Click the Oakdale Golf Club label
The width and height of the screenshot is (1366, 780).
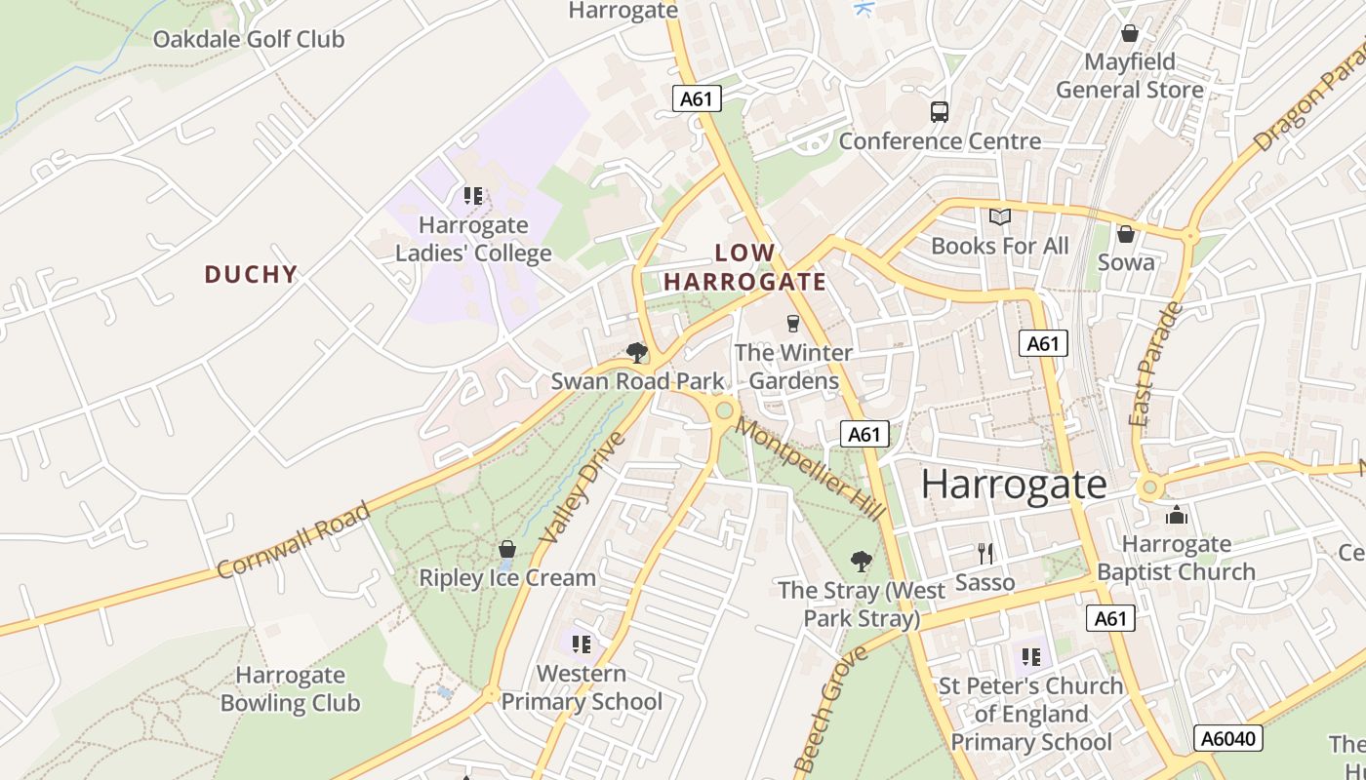[249, 40]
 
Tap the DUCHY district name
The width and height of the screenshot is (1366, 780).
[251, 274]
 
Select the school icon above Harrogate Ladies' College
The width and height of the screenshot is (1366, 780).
[473, 196]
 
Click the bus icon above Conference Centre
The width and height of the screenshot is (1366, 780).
[940, 112]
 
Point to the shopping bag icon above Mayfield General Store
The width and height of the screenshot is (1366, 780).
[1130, 34]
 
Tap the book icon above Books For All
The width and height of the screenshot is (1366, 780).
[1000, 216]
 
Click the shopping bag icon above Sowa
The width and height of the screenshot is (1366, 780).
[1126, 234]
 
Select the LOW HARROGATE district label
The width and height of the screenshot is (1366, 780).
[745, 267]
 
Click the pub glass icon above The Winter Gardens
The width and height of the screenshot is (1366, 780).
[792, 323]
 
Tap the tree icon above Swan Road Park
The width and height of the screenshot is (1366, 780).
[637, 352]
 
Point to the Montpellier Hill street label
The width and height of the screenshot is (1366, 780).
[810, 469]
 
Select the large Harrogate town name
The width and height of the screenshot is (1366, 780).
[1014, 485]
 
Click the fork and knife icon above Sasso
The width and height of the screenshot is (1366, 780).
[985, 554]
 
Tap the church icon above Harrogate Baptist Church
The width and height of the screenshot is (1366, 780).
[1177, 514]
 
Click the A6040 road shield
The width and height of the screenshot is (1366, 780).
[1228, 738]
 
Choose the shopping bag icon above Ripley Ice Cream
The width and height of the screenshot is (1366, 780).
[506, 549]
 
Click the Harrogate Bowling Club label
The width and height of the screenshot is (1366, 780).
[290, 688]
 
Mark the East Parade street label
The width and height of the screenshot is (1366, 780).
[1156, 364]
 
